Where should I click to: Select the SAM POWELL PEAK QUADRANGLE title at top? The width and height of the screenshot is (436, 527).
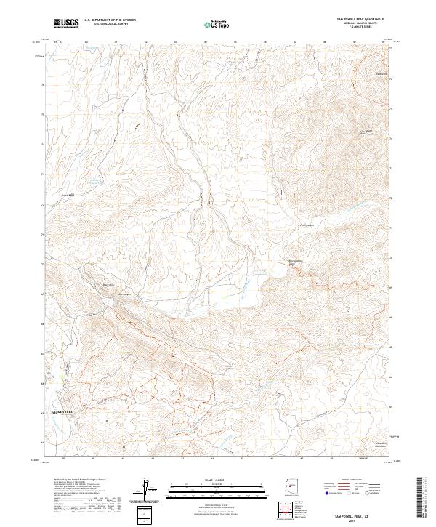coord(360,19)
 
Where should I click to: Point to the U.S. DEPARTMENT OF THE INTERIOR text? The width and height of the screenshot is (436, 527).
coord(110,20)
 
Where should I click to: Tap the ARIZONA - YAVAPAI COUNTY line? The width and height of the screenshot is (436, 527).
coord(360,23)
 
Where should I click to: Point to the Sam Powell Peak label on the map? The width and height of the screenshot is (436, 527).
coord(363,132)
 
